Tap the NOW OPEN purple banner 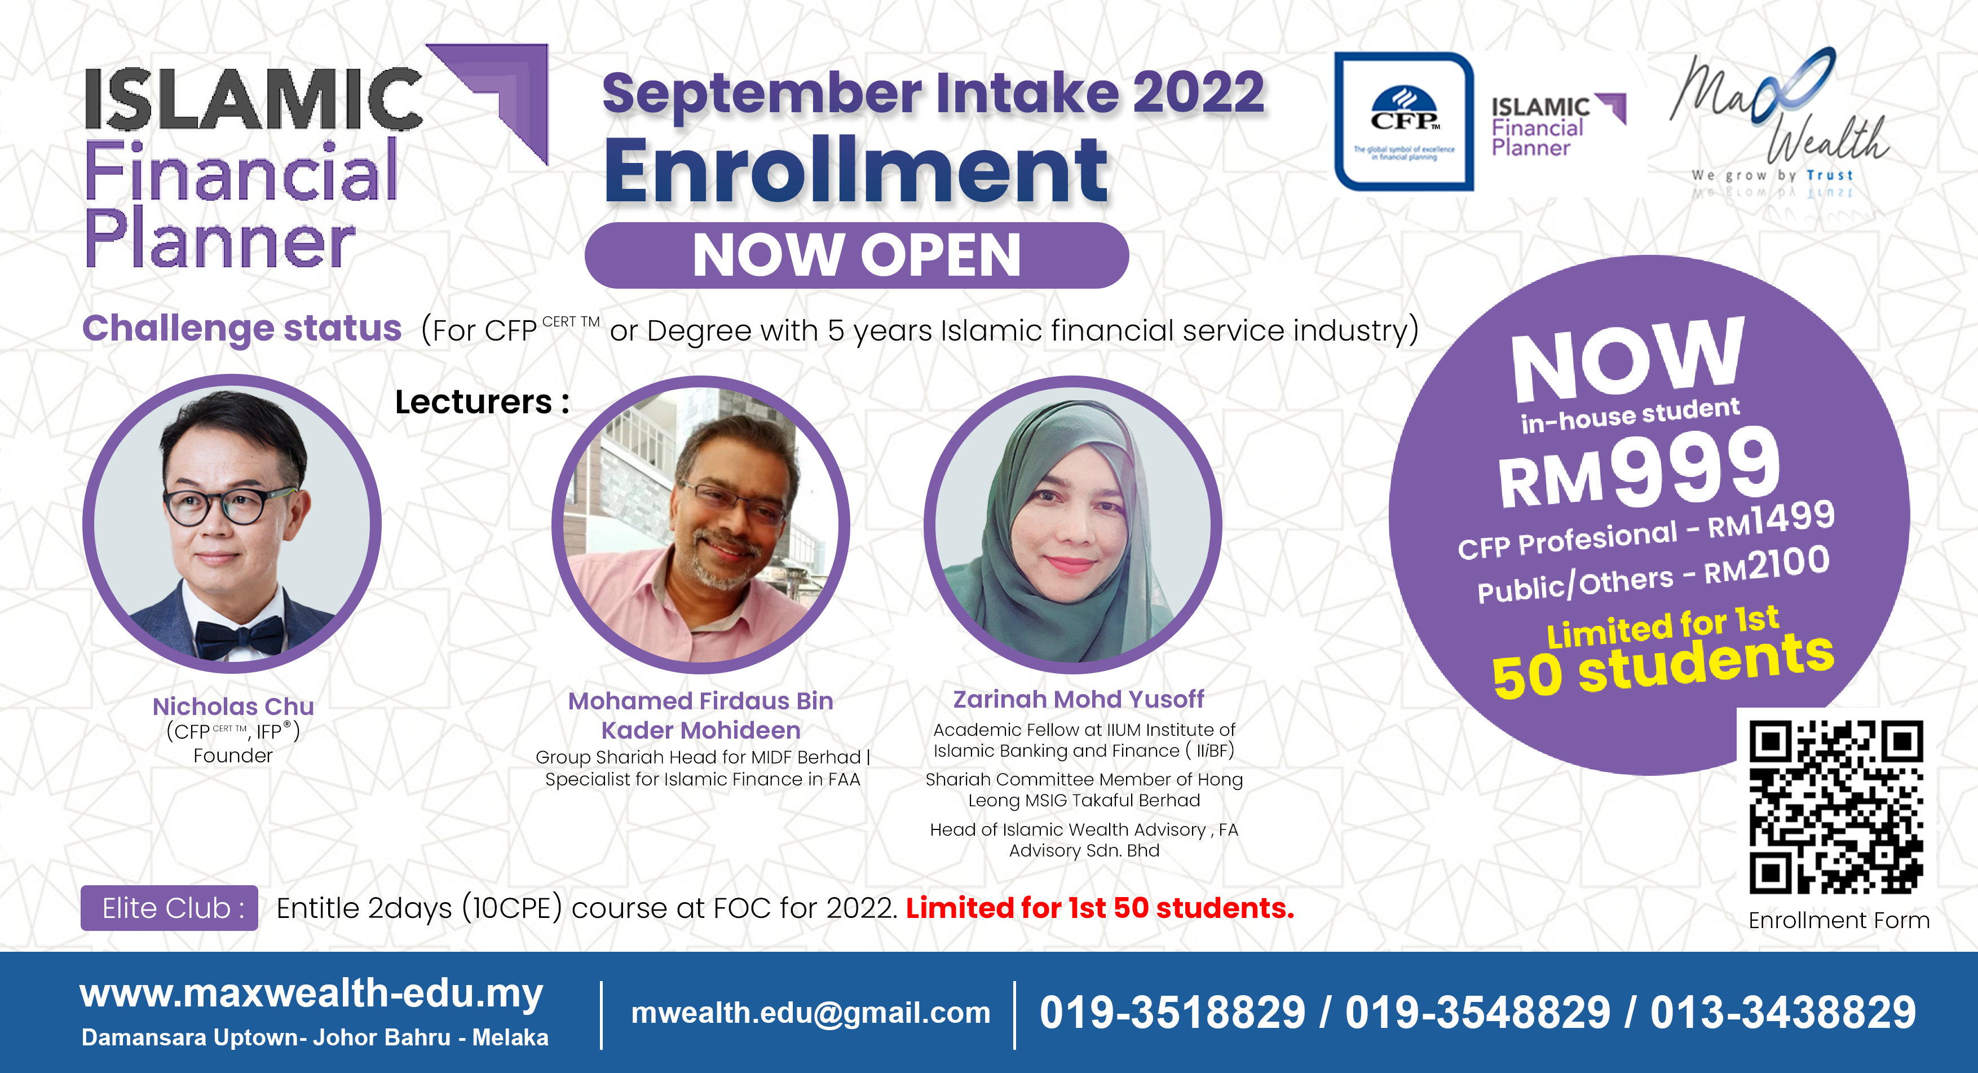tap(856, 255)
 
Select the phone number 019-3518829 tap(1172, 1012)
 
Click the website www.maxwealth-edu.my tap(311, 994)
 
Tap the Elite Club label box tap(169, 908)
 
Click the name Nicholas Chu tap(233, 706)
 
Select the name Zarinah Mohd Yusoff tap(1078, 699)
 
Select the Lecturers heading tap(482, 401)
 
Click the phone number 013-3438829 tap(1783, 1012)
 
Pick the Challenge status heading tap(242, 328)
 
